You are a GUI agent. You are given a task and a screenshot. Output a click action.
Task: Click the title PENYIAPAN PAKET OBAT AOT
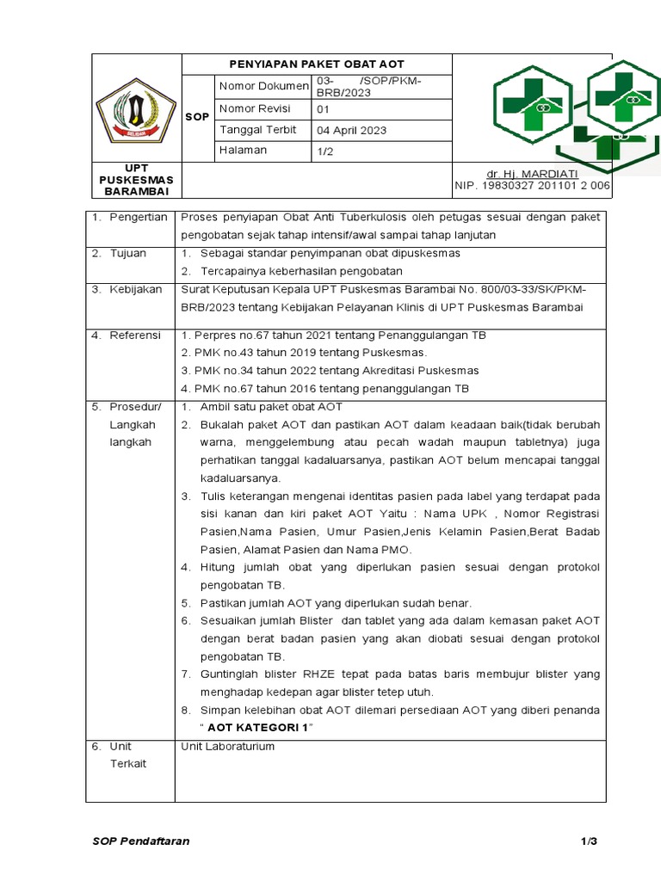(316, 65)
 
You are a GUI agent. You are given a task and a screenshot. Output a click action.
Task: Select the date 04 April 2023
(352, 131)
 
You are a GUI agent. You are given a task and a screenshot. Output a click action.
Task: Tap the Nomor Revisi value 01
(324, 109)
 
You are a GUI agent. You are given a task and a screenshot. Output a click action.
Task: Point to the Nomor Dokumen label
(263, 86)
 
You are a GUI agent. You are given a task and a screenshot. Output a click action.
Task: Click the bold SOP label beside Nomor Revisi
(197, 117)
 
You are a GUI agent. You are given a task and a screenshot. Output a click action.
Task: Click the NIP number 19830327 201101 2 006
(532, 185)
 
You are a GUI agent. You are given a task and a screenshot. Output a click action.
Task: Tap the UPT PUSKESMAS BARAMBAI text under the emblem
(136, 180)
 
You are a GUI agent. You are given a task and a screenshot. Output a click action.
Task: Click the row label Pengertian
(138, 217)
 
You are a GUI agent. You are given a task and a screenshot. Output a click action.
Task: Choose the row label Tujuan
(127, 253)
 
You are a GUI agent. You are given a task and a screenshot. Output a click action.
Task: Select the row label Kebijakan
(135, 289)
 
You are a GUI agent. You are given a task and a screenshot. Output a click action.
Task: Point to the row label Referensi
(135, 335)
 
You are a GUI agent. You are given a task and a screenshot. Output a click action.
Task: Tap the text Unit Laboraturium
(227, 746)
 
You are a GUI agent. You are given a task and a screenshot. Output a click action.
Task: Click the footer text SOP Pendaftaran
(141, 841)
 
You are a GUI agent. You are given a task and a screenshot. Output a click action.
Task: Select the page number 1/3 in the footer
(588, 841)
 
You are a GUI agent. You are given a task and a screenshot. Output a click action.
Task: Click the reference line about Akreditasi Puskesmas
(330, 370)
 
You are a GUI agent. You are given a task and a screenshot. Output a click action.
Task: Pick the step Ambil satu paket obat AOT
(271, 407)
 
